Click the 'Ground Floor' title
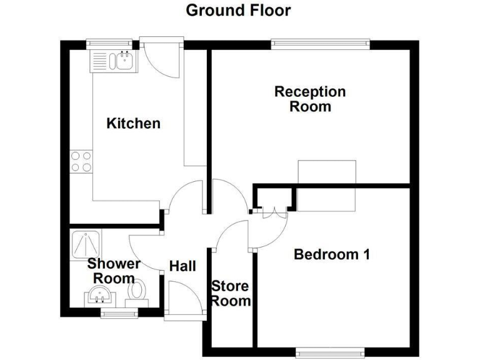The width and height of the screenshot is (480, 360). (238, 11)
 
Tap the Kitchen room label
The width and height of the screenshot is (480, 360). (133, 123)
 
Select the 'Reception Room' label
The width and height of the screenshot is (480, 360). (310, 99)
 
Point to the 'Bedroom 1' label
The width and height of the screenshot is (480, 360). (332, 254)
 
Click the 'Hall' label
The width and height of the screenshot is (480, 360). (182, 266)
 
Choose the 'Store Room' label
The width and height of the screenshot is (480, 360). (231, 294)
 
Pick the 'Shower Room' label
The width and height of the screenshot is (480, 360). (114, 271)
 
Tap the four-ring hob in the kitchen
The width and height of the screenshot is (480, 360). (81, 162)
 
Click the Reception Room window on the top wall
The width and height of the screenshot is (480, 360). (319, 44)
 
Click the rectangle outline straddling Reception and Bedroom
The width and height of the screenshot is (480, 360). (327, 186)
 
